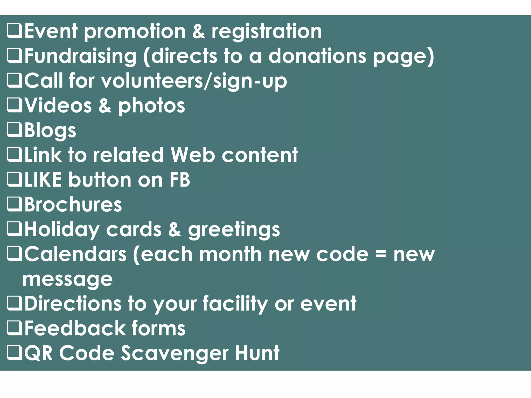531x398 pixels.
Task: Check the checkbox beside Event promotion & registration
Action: tap(14, 31)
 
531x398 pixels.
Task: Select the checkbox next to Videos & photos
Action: tap(14, 105)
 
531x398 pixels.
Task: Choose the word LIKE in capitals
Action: tap(43, 180)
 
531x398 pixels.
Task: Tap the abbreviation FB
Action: tap(180, 180)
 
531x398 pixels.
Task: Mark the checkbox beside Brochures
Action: tap(14, 204)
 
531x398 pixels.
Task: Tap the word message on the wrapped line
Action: tap(68, 279)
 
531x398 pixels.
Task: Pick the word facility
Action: tap(235, 304)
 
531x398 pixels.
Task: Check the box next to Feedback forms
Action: tap(14, 328)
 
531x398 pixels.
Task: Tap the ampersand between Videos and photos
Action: tap(105, 106)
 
